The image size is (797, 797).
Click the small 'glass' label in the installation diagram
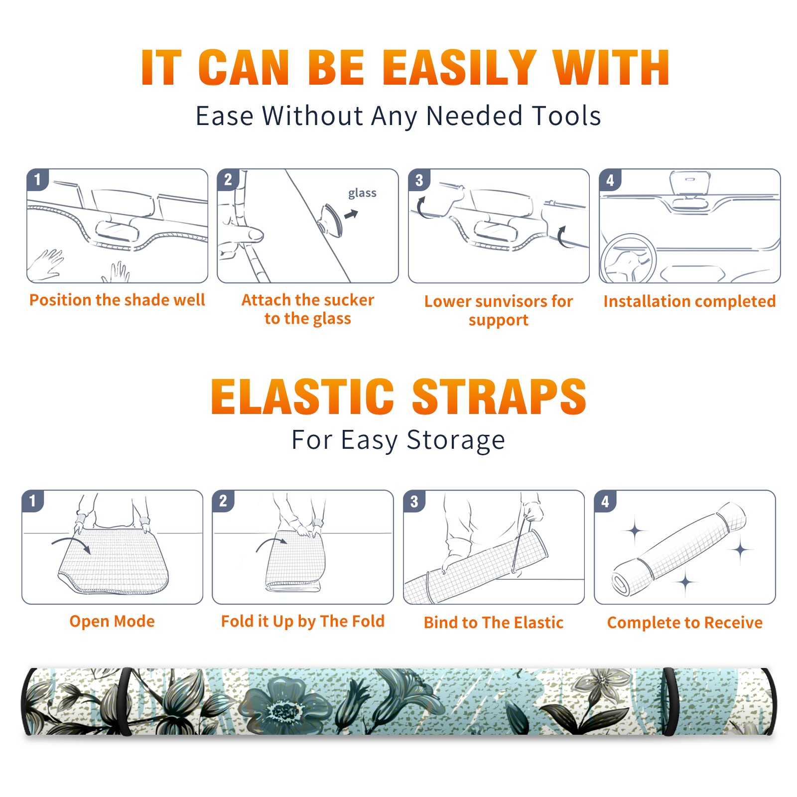click(x=362, y=193)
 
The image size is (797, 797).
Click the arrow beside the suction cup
click(x=351, y=214)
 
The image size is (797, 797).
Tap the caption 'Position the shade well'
click(x=117, y=300)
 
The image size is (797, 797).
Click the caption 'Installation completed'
click(x=689, y=301)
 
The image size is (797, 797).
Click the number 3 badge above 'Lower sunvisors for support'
click(x=419, y=180)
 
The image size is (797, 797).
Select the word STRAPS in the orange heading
click(x=499, y=397)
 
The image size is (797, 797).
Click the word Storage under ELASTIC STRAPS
click(x=456, y=440)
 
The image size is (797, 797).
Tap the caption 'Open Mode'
click(x=112, y=621)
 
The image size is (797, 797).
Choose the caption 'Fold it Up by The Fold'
click(x=303, y=621)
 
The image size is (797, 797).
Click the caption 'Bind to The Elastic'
click(x=493, y=623)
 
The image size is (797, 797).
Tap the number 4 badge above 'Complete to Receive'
click(x=605, y=501)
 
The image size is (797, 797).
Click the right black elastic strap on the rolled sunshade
click(x=669, y=702)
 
